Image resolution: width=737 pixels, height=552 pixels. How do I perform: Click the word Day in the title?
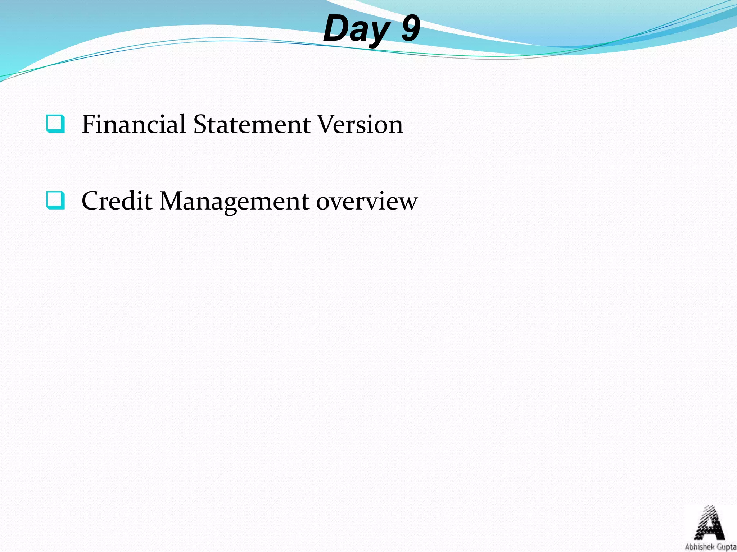(356, 29)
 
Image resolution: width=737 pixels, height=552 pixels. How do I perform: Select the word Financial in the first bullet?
(134, 124)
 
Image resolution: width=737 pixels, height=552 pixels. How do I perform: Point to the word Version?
(360, 124)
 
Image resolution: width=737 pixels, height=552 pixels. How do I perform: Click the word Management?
(234, 201)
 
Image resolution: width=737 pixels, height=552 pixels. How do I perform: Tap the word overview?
(367, 201)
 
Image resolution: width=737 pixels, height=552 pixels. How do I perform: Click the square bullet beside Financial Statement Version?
(56, 124)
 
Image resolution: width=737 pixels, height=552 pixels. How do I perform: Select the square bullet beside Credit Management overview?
(56, 201)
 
